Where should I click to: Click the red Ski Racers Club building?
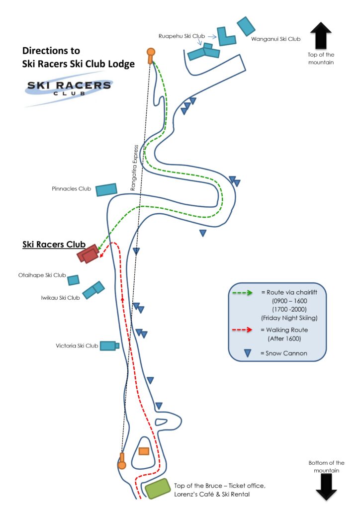(88, 254)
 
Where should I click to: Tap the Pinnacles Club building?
(106, 189)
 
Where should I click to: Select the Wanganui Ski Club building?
(246, 26)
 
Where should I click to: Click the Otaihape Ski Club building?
(74, 280)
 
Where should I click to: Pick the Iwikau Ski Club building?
(93, 290)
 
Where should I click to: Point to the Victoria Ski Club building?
(109, 346)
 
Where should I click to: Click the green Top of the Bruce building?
(158, 489)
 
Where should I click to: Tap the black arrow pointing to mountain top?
(321, 36)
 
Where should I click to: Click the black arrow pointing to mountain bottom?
(326, 487)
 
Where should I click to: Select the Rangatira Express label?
(134, 168)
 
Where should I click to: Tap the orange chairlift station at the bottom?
(122, 461)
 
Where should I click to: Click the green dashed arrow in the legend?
(243, 293)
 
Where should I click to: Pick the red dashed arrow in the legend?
(242, 330)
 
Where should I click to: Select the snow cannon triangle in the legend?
(247, 353)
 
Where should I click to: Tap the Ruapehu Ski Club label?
(181, 36)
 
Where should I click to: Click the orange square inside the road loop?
(144, 451)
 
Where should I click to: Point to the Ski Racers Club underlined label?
(54, 245)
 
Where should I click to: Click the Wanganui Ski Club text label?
(275, 39)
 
